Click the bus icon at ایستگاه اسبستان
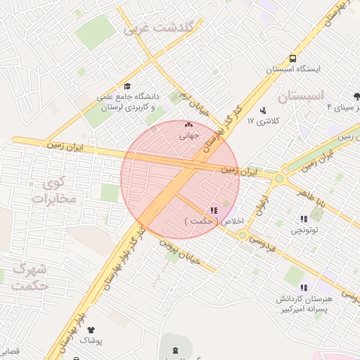292,59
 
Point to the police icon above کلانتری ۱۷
263,110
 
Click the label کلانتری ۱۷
264,121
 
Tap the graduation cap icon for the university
127,85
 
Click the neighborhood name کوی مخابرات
53,190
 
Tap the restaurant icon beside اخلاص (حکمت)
214,210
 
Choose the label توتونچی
304,230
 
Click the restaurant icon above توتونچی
304,219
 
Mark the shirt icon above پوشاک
90,329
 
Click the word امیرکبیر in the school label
289,309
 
